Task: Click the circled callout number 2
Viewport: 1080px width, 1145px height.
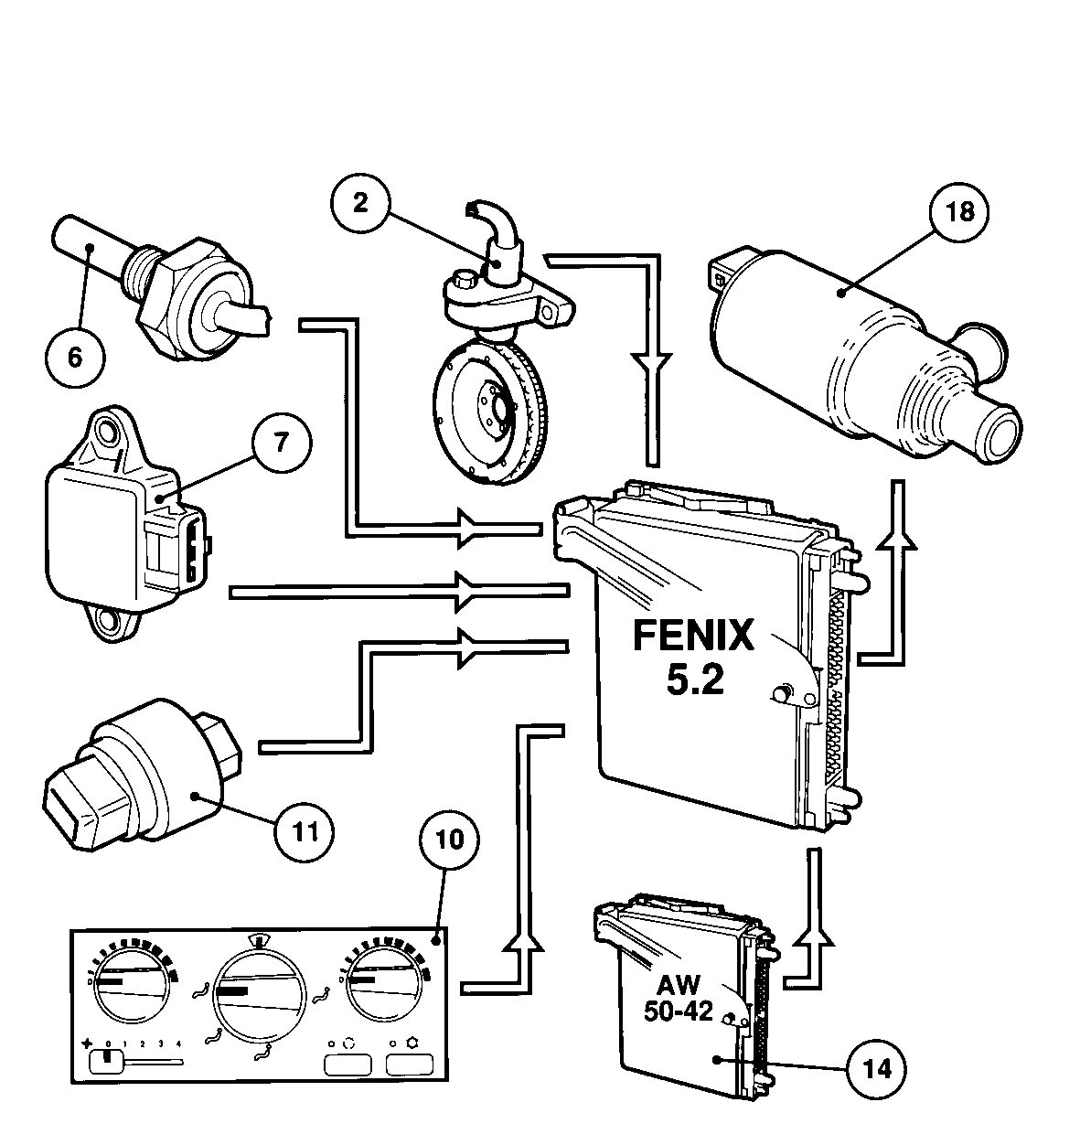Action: click(360, 203)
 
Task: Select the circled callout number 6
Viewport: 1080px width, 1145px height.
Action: click(75, 358)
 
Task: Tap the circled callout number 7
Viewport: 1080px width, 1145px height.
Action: click(282, 443)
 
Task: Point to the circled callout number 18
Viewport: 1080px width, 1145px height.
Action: click(960, 211)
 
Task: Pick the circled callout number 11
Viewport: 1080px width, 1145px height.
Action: click(305, 832)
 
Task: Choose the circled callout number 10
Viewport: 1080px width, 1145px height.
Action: click(450, 840)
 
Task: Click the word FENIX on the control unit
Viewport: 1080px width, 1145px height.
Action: click(694, 636)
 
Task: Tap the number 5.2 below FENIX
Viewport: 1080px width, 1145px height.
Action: click(695, 679)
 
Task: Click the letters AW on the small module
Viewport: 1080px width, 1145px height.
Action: click(679, 984)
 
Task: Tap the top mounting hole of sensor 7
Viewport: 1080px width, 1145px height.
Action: click(107, 430)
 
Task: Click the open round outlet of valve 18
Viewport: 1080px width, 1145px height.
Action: click(1000, 433)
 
